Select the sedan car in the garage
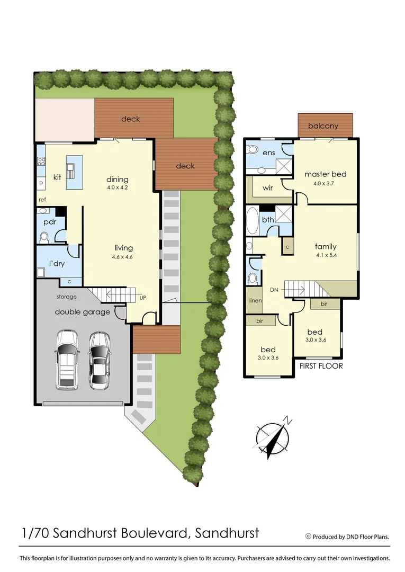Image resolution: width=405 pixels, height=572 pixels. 99,361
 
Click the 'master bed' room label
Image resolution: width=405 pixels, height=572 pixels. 325,174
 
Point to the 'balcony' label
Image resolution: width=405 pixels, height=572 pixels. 323,126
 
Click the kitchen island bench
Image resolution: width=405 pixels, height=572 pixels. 74,173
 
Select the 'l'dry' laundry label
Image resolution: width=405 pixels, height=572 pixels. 57,263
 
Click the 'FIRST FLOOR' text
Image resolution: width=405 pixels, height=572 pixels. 321,366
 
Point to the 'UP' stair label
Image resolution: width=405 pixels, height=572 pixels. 142,298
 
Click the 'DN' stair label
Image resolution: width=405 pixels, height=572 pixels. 274,290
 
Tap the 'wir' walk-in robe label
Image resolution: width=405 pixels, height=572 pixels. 267,187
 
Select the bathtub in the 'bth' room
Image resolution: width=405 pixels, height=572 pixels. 252,221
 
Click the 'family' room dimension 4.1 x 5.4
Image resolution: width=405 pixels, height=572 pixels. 326,255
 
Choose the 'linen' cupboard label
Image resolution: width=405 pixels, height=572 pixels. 255,301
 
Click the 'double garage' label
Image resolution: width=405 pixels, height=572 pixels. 82,312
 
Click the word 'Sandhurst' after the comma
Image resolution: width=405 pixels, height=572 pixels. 227,532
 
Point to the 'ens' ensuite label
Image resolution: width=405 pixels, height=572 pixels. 268,153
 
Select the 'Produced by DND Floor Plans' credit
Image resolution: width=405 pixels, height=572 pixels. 350,537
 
